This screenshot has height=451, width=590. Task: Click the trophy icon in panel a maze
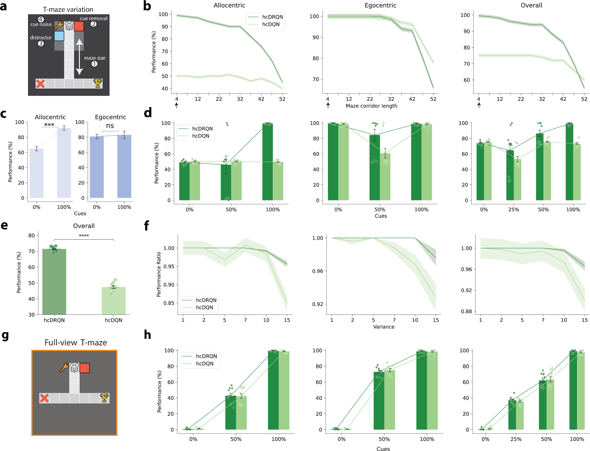[x=97, y=83]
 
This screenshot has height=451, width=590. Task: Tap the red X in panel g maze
[x=44, y=398]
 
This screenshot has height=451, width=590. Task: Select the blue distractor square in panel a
[x=59, y=36]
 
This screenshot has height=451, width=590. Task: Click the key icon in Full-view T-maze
[x=64, y=367]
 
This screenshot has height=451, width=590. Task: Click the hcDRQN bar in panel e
[x=54, y=282]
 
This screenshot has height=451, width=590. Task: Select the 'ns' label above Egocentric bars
[x=110, y=126]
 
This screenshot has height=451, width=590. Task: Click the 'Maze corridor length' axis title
[x=371, y=106]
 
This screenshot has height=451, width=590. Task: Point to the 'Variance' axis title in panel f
[x=383, y=327]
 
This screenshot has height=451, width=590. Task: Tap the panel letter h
[x=147, y=335]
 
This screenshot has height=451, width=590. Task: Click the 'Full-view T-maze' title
[x=76, y=343]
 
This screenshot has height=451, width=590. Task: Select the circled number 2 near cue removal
[x=93, y=24]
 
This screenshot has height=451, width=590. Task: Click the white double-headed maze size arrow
[x=79, y=57]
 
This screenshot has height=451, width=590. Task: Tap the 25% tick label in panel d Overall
[x=514, y=210]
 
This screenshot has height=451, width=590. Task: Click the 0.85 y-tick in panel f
[x=169, y=303]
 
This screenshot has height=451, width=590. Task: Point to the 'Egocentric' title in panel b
[x=380, y=5]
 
